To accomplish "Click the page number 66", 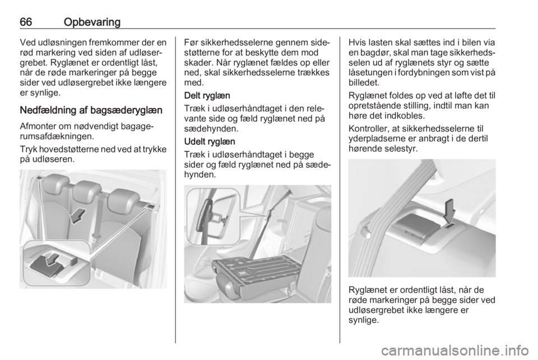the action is (26, 22).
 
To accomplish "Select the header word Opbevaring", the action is (92, 22).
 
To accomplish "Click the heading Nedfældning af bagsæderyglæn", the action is (91, 110).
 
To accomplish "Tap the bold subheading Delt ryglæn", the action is (207, 95).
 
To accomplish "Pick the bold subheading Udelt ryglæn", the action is (210, 141).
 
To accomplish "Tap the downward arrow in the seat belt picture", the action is (449, 213).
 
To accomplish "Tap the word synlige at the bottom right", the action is (364, 321).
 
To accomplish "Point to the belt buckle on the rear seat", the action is (94, 237).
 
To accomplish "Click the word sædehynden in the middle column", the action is (210, 129).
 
